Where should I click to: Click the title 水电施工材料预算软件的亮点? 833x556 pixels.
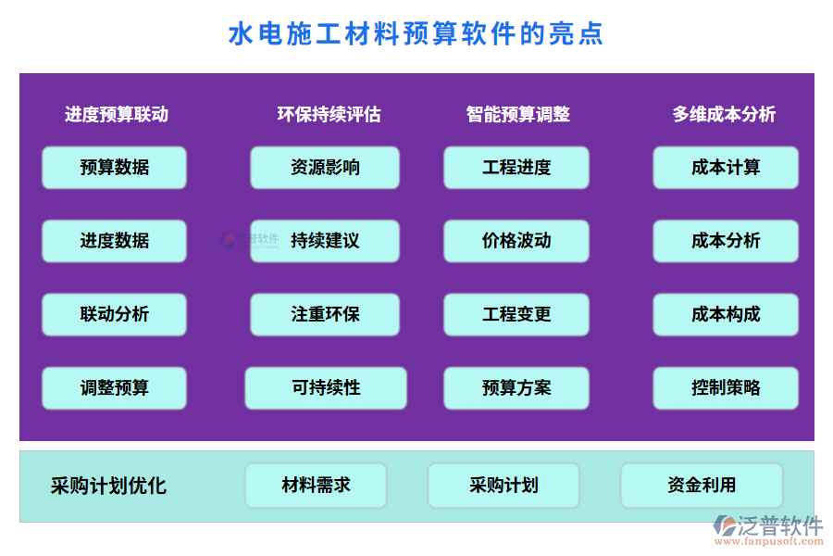coord(416,33)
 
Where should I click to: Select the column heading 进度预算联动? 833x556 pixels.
coord(117,114)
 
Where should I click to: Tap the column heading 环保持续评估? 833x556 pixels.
coord(329,114)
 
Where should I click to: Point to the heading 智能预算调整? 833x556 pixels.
coord(517,114)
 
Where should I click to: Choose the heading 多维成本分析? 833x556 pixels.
coord(724,114)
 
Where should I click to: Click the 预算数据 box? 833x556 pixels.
coord(114,168)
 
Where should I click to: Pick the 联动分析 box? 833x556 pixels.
coord(114,314)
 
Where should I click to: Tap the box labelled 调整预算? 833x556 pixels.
coord(114,388)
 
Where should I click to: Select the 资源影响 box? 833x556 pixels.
coord(325,168)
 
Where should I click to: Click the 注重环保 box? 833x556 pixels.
coord(325,314)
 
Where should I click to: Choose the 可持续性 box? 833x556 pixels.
coord(326,388)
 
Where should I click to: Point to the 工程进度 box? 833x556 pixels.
coord(516,168)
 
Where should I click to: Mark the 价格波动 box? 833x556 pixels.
coord(516,241)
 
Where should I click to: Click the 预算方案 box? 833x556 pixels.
coord(516,388)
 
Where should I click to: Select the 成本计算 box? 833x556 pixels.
coord(726,168)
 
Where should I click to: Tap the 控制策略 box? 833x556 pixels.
coord(726,388)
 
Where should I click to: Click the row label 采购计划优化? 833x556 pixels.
coord(108,486)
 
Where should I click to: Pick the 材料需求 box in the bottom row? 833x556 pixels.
coord(316,486)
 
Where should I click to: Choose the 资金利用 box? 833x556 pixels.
coord(702,486)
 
